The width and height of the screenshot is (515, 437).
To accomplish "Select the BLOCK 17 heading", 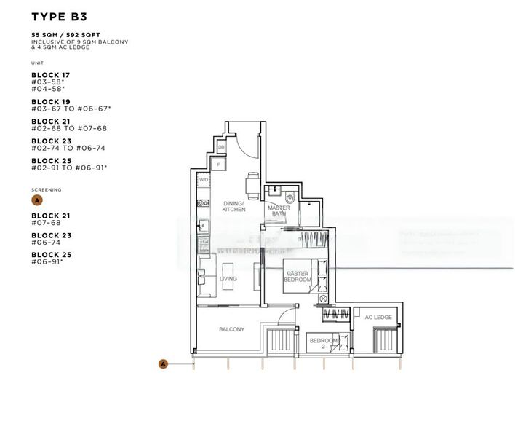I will (50, 75).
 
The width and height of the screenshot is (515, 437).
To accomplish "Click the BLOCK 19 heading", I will (50, 102).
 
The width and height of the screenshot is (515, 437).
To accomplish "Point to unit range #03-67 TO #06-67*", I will (71, 109).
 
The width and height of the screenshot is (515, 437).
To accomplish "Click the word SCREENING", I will (47, 189).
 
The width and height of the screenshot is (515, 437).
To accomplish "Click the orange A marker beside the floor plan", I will (164, 363).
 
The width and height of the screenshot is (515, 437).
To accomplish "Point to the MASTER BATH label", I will (279, 211).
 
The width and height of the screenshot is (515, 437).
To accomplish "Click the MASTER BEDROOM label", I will (298, 276).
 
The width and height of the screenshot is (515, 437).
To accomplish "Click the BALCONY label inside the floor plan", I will (231, 329).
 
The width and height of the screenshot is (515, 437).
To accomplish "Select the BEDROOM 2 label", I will (324, 343).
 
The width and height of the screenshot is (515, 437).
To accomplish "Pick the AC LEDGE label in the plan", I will (378, 318).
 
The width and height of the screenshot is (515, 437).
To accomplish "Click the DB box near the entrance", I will (221, 148).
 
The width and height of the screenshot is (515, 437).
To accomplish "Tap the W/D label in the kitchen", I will (204, 179).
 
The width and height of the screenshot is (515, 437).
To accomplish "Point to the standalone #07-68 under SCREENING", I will (50, 223).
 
